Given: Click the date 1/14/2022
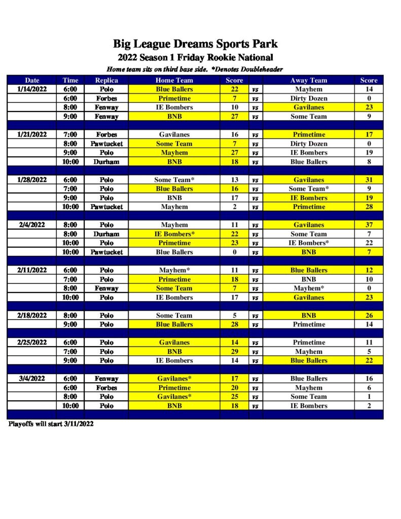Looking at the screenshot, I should (x=32, y=89).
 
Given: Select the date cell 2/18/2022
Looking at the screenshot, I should (x=32, y=315).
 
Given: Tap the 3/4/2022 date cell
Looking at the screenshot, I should (x=32, y=379).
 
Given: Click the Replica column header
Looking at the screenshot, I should (x=106, y=80).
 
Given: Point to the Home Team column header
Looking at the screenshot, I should (x=174, y=80).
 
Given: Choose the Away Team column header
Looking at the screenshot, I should (x=309, y=80).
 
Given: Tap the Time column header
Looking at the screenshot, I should (x=70, y=80).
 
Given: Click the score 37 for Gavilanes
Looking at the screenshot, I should (x=369, y=225).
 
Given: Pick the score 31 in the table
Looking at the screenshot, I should (x=369, y=180).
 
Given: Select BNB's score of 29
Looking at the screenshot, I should (x=234, y=352).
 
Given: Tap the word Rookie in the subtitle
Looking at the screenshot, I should (x=215, y=57).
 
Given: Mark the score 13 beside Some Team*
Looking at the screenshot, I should (x=234, y=180).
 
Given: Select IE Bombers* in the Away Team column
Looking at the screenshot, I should (x=309, y=243).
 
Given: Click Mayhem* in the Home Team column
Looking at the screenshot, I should (x=174, y=270).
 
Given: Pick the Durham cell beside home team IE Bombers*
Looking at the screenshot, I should (x=106, y=234).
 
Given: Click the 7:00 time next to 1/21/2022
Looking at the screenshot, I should (x=70, y=135).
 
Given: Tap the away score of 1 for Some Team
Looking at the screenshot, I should (x=369, y=397).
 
